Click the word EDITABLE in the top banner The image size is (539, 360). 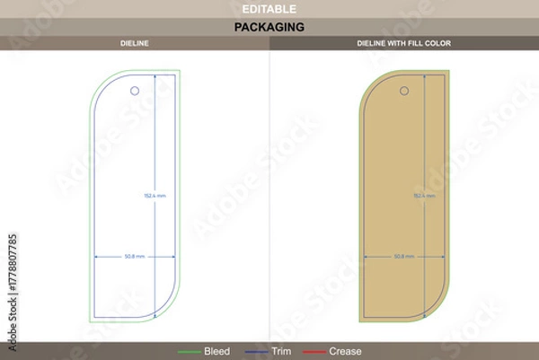(x=269, y=8)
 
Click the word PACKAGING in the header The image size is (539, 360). (x=269, y=27)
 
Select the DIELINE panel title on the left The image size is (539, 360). (x=135, y=43)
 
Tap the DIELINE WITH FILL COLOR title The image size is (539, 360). (x=404, y=43)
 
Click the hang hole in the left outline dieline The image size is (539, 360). (x=135, y=90)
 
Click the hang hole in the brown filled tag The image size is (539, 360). (x=404, y=90)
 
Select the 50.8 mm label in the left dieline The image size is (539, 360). (x=134, y=256)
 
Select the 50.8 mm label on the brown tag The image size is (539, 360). (x=403, y=256)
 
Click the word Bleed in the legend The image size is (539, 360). (x=216, y=351)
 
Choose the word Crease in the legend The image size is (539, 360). (x=346, y=351)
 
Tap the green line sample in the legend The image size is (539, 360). (x=190, y=351)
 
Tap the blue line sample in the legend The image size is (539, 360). (x=258, y=351)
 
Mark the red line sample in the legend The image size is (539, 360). (x=314, y=351)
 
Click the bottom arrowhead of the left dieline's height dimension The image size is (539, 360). (x=155, y=315)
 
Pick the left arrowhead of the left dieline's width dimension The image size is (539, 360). (x=96, y=256)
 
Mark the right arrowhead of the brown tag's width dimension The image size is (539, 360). (x=443, y=256)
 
